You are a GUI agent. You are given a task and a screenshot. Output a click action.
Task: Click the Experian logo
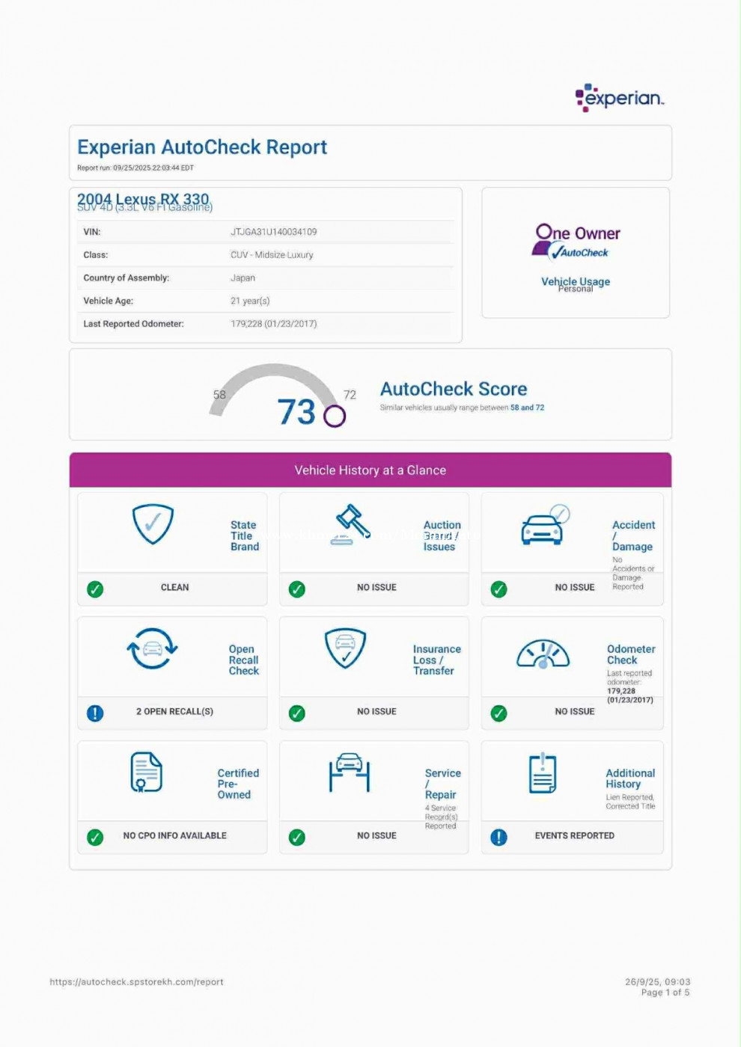pyautogui.click(x=619, y=98)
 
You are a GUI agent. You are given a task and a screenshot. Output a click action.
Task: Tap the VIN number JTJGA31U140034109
pyautogui.click(x=273, y=232)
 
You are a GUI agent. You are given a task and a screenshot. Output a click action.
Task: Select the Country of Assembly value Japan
pyautogui.click(x=243, y=277)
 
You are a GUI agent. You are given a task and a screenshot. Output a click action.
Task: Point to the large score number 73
pyautogui.click(x=296, y=412)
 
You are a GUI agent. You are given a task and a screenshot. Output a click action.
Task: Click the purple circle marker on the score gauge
pyautogui.click(x=335, y=416)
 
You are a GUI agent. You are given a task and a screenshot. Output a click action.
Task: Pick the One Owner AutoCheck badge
pyautogui.click(x=576, y=242)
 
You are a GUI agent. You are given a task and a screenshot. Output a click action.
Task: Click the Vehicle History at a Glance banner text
pyautogui.click(x=370, y=470)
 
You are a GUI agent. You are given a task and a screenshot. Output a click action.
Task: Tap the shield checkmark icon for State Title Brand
pyautogui.click(x=153, y=523)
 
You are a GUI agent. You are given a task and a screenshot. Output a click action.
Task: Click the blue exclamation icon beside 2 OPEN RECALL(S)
pyautogui.click(x=95, y=713)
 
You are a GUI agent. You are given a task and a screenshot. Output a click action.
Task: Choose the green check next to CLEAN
pyautogui.click(x=95, y=589)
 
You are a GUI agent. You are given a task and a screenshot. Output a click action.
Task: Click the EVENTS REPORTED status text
pyautogui.click(x=574, y=835)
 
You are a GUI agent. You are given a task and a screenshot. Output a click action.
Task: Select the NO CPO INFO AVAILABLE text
pyautogui.click(x=174, y=835)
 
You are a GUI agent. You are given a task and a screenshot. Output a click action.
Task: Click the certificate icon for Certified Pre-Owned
pyautogui.click(x=146, y=772)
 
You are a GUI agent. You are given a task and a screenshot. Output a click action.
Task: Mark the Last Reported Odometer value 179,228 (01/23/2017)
pyautogui.click(x=273, y=324)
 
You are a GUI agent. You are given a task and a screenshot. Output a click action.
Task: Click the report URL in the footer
pyautogui.click(x=136, y=982)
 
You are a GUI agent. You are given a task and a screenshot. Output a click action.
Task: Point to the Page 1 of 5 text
pyautogui.click(x=665, y=992)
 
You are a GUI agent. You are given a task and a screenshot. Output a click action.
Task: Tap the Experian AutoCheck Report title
pyautogui.click(x=202, y=147)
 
